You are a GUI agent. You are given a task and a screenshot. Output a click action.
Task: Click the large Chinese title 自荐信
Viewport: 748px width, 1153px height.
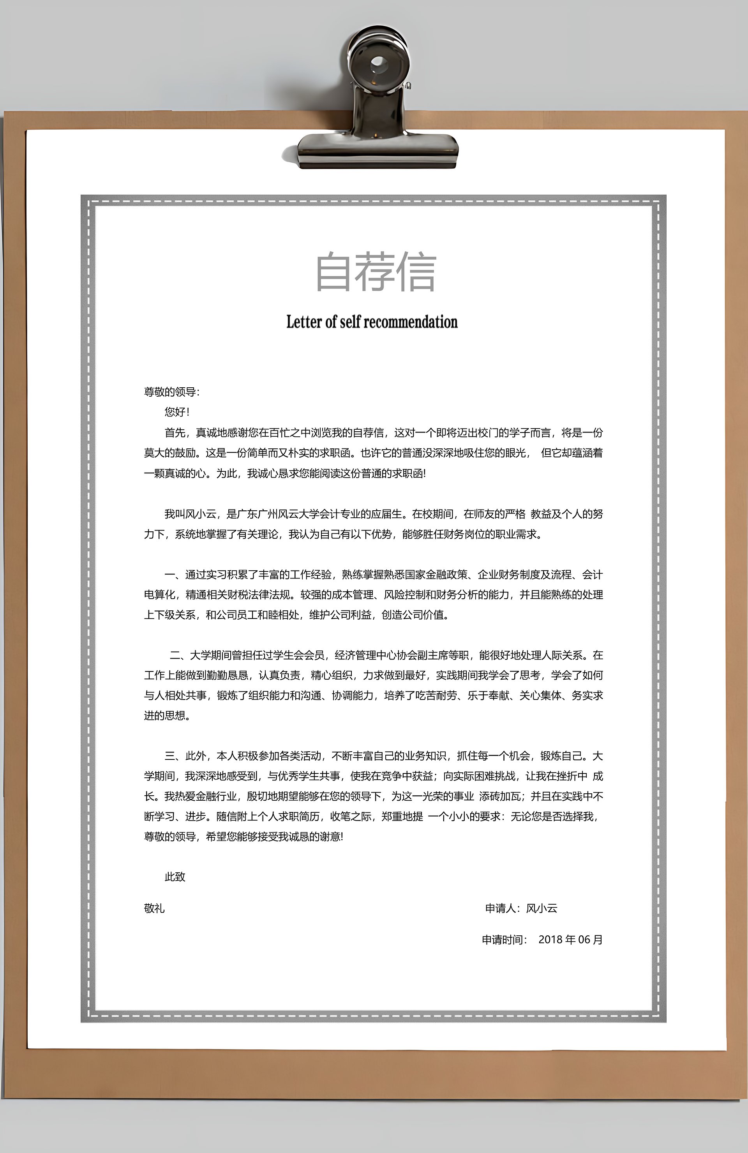click(x=376, y=272)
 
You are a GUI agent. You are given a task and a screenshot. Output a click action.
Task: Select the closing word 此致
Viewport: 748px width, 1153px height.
click(x=175, y=876)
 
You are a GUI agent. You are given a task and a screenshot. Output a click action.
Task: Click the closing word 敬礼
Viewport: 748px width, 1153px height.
click(x=154, y=909)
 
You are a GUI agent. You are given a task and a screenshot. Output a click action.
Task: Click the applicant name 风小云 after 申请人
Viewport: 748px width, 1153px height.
click(x=542, y=909)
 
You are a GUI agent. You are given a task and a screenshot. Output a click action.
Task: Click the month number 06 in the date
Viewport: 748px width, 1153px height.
click(x=584, y=940)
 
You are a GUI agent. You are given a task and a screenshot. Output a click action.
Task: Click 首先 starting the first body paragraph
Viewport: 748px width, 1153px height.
click(x=175, y=432)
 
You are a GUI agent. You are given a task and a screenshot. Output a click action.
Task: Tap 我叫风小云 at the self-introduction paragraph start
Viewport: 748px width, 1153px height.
click(x=190, y=514)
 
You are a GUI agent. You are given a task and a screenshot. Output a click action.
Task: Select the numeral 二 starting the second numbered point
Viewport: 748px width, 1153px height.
click(x=175, y=656)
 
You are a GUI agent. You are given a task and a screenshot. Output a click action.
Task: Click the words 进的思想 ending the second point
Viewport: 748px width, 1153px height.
click(x=164, y=716)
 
